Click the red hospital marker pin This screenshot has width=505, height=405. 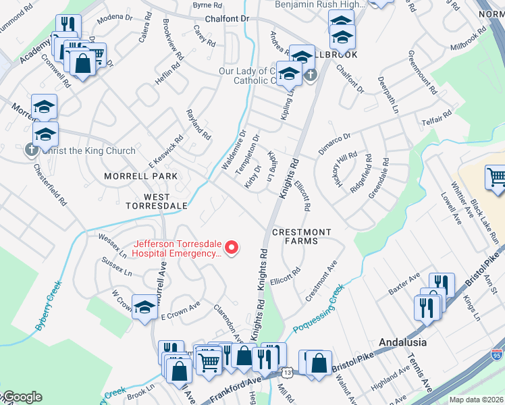[x=232, y=248]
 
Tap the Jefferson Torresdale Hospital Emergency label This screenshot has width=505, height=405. [x=177, y=249]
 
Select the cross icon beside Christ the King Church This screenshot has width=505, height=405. [x=32, y=151]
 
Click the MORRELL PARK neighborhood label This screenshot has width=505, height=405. [x=140, y=176]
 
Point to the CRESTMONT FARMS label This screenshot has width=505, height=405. [x=301, y=237]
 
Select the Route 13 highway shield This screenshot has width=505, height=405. [x=288, y=373]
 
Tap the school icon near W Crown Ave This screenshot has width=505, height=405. [x=144, y=308]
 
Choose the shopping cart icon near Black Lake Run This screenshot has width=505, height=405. [x=496, y=178]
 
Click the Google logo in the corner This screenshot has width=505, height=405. [x=22, y=397]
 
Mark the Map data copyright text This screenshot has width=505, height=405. [x=476, y=400]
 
